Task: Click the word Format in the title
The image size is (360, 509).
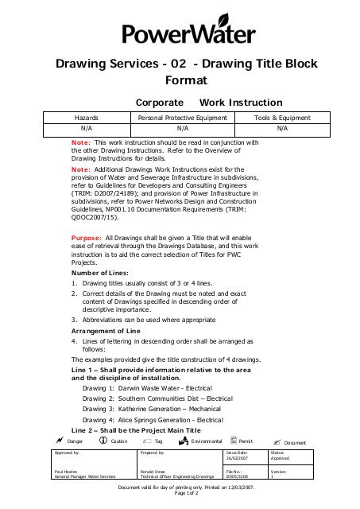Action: [186, 80]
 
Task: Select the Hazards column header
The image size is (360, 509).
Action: [86, 117]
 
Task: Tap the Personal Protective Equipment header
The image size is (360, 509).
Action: [183, 117]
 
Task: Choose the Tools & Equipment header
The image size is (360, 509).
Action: [281, 117]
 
